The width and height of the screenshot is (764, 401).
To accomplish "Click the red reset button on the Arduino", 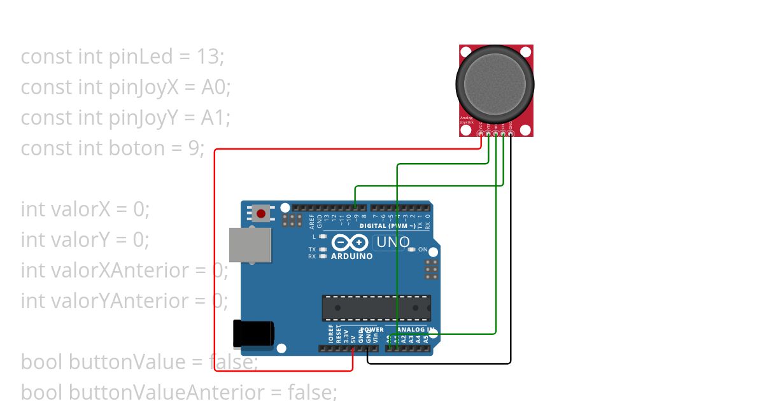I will (x=261, y=213).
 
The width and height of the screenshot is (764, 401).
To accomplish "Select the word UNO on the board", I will (x=393, y=243).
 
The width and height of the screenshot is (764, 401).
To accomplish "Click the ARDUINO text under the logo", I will (x=351, y=257).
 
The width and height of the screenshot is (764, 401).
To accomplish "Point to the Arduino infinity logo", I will (x=350, y=243).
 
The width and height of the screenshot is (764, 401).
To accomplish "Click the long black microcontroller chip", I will (x=376, y=307).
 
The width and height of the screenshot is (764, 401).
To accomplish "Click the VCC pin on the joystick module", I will (x=481, y=134).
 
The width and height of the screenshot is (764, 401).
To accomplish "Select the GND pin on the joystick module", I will (x=511, y=134).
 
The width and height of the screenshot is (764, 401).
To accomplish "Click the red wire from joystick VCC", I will (x=215, y=255).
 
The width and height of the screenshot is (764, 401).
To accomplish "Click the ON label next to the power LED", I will (x=423, y=250).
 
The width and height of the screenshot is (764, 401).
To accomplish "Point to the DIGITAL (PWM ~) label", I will (x=388, y=226).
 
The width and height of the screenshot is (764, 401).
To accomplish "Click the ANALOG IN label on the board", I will (x=416, y=330).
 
